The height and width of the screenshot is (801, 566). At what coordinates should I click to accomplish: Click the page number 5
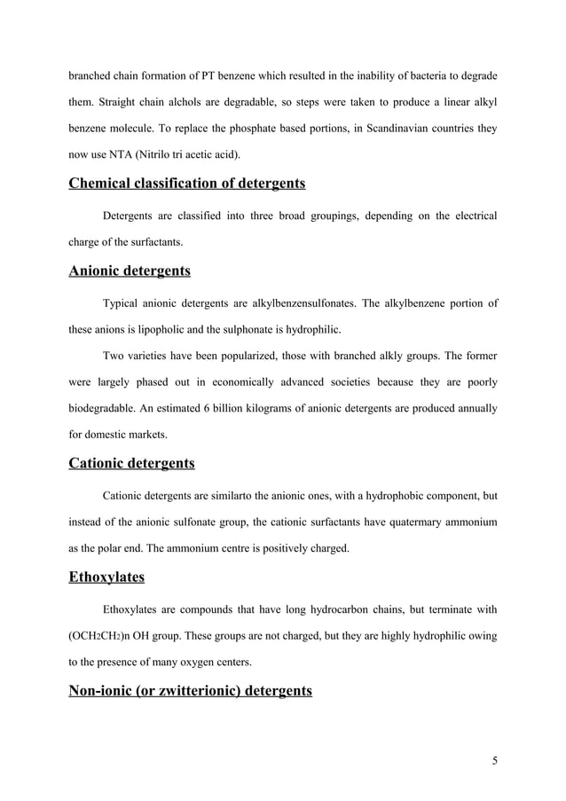[493, 759]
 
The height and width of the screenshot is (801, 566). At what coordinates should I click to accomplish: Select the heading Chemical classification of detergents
[186, 184]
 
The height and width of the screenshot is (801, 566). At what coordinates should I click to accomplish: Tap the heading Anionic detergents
[130, 271]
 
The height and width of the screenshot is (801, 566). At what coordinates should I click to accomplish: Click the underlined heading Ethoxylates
[106, 577]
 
